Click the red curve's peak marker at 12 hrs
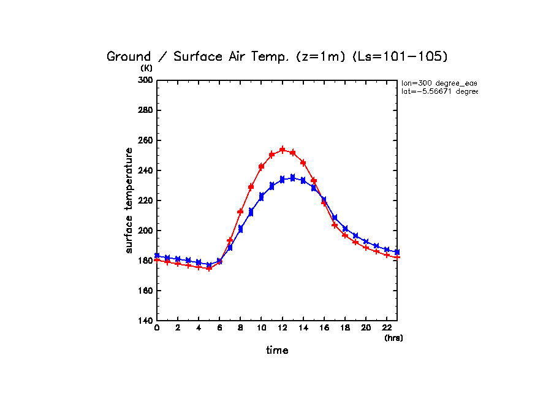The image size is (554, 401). tap(283, 150)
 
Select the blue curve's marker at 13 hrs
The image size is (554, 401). tap(292, 178)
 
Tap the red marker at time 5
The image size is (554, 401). tap(209, 268)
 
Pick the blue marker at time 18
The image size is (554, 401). tap(345, 229)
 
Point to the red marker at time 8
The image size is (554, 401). tap(240, 212)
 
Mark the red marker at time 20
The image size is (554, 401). tap(366, 247)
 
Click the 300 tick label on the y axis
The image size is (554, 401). tap(145, 80)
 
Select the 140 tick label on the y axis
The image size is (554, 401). tap(145, 321)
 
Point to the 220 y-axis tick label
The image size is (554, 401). tap(145, 200)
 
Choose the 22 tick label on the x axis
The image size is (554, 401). tap(387, 329)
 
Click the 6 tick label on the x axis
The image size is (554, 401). tap(219, 329)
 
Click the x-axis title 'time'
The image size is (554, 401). tap(277, 351)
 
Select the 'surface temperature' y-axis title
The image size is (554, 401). tap(129, 200)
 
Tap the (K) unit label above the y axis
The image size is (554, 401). tap(146, 68)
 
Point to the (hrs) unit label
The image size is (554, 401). tap(393, 338)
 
